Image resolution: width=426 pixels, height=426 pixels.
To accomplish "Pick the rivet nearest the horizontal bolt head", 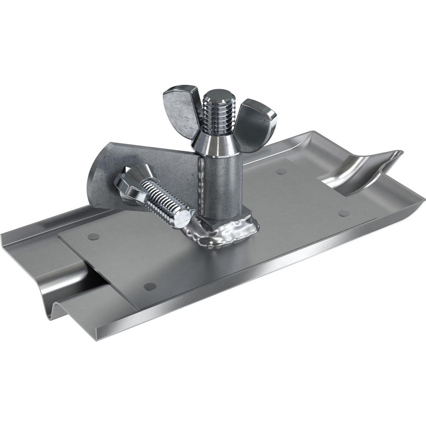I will click(x=93, y=236).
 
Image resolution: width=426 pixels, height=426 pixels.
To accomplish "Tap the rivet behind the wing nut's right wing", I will click(x=281, y=171).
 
